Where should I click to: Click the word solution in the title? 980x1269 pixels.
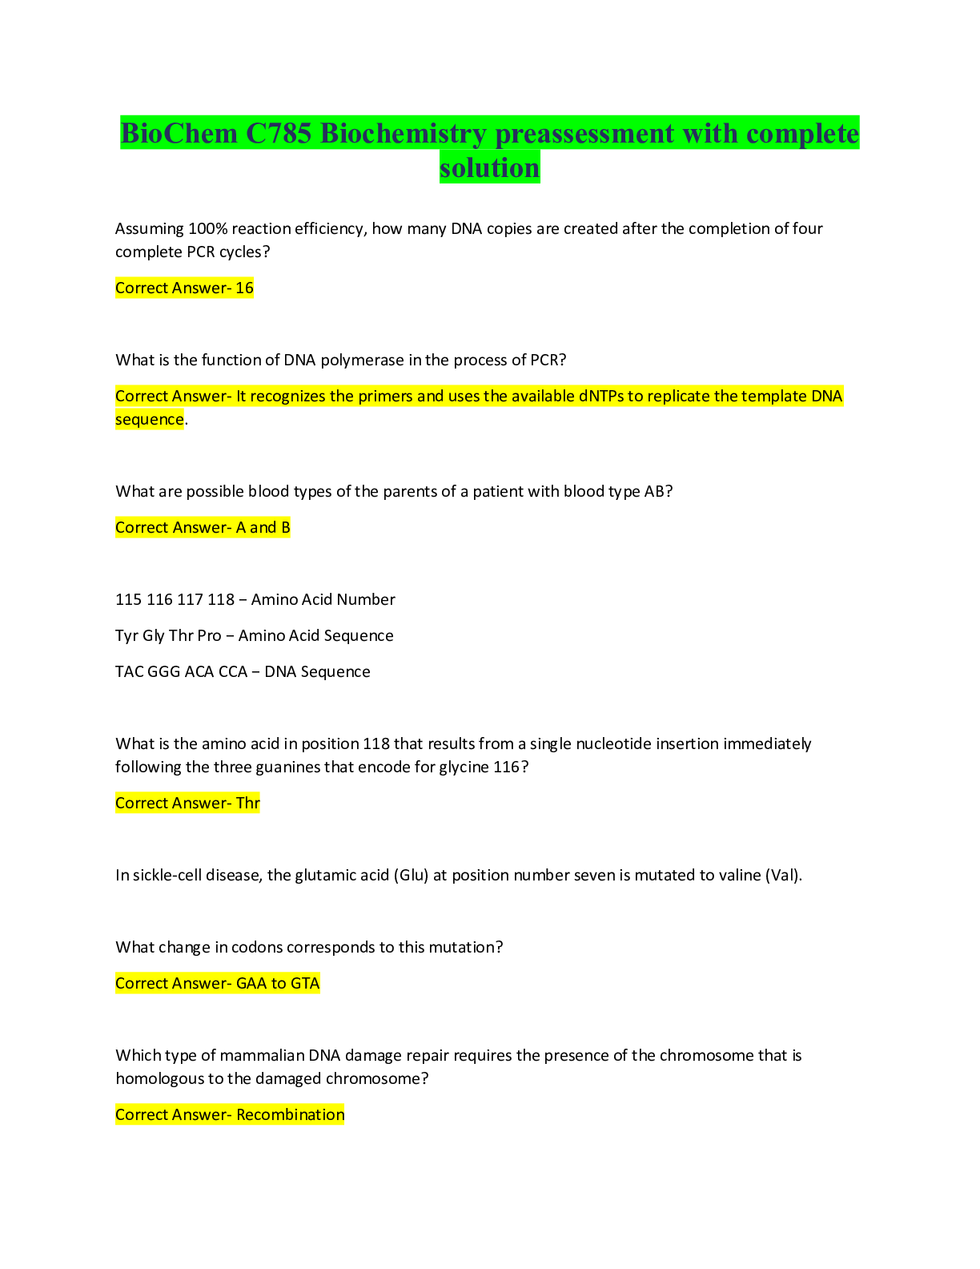(x=490, y=167)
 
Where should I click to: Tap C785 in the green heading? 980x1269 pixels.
(x=279, y=133)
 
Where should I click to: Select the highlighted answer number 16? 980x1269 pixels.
(x=244, y=288)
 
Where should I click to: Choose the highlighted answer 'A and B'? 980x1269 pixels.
(x=263, y=527)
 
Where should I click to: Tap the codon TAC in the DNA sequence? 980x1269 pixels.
(x=129, y=671)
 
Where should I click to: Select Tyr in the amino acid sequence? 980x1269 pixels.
(x=127, y=635)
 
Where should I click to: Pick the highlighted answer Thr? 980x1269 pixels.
(x=248, y=803)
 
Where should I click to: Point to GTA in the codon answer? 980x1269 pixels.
(x=305, y=984)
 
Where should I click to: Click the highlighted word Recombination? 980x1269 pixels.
(x=290, y=1115)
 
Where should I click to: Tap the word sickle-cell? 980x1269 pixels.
(x=167, y=875)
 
